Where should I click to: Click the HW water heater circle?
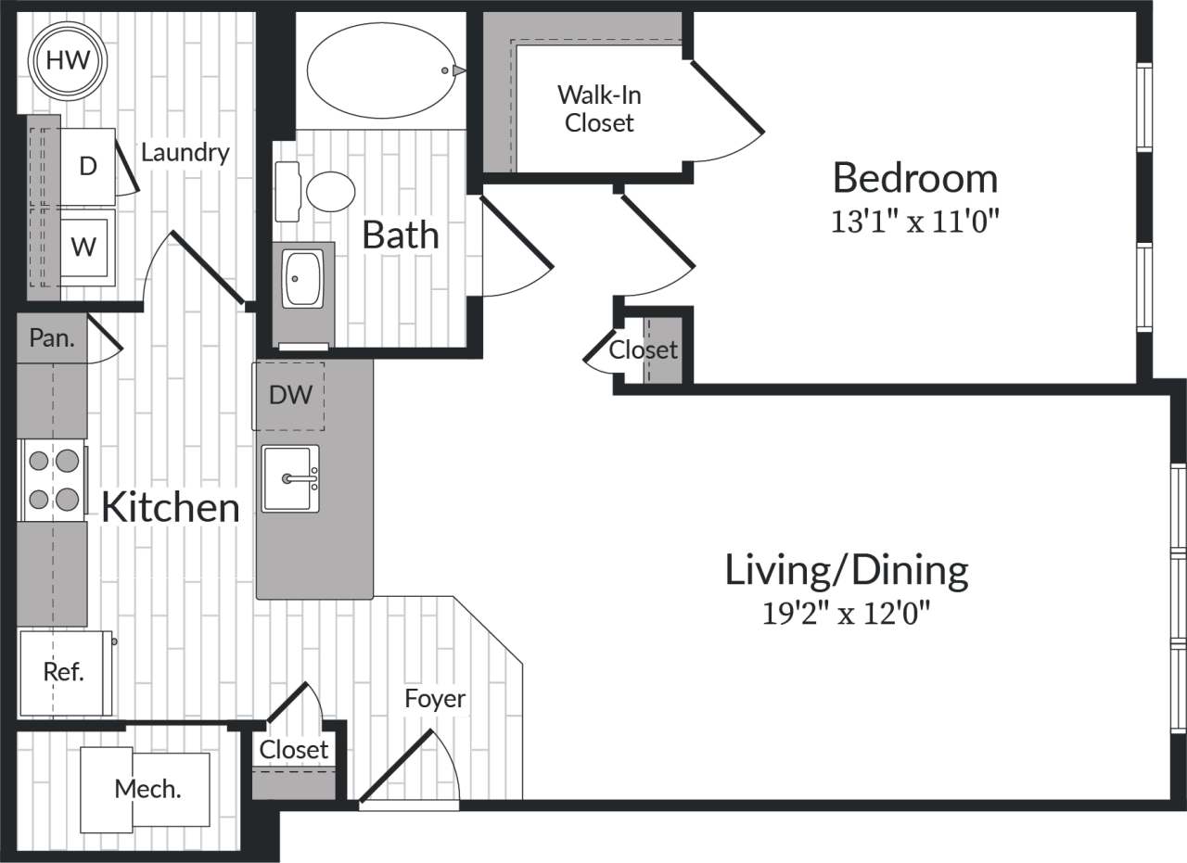pos(69,61)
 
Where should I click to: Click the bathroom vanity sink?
pos(303,277)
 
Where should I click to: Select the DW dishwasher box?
pos(289,396)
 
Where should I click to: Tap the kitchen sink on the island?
pos(290,478)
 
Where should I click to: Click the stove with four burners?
pos(54,480)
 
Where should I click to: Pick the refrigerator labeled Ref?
pos(65,672)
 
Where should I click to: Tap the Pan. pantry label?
pos(52,337)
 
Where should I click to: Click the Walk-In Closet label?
pos(599,108)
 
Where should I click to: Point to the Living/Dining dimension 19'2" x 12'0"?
pos(845,614)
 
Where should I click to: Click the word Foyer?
pos(435,698)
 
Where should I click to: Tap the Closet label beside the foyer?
pos(294,749)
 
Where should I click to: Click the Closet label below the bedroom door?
pos(643,350)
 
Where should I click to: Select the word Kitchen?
pos(170,507)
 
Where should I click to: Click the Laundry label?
pos(185,152)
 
